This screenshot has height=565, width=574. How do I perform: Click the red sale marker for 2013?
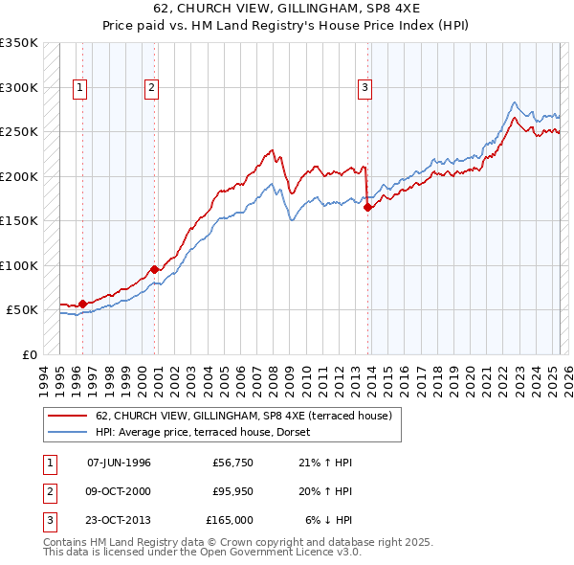click(x=368, y=207)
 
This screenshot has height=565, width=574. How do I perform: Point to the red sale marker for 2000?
click(x=154, y=269)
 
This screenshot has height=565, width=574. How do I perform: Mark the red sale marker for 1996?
click(x=82, y=304)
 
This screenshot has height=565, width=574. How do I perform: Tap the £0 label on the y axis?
click(x=29, y=354)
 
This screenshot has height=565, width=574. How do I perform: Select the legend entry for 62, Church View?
click(x=243, y=415)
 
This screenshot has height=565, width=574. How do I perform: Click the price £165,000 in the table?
click(x=230, y=520)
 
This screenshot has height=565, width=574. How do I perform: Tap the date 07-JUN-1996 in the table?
click(x=119, y=463)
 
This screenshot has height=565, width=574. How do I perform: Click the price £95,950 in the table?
click(x=232, y=491)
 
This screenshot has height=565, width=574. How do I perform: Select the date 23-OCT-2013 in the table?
click(x=120, y=520)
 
